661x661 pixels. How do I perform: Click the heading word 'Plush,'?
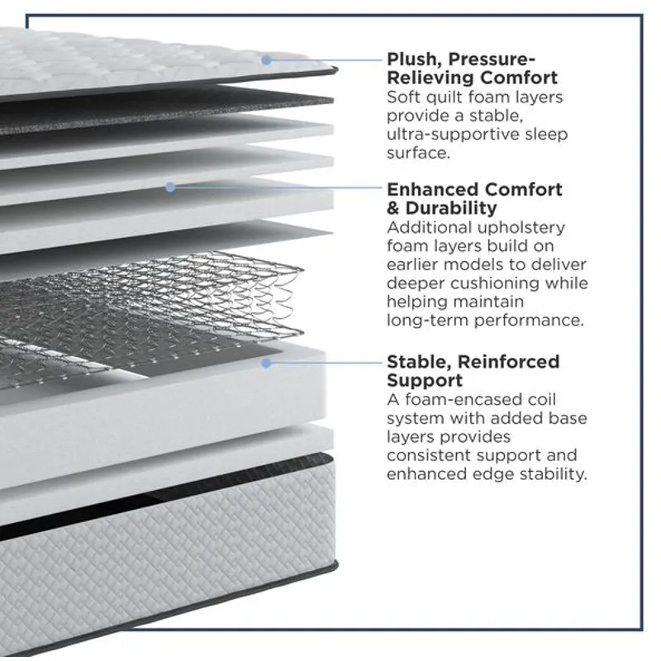[x=414, y=59]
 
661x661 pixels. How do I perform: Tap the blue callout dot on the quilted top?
[x=266, y=59]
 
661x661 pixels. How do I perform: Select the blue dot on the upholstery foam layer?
[x=170, y=188]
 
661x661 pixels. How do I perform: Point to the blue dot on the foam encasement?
[x=266, y=363]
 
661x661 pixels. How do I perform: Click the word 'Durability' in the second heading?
[x=451, y=208]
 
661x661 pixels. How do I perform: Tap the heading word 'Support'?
[x=425, y=380]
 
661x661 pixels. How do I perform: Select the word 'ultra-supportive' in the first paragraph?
[x=453, y=135]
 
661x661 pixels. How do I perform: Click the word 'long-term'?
[x=427, y=321]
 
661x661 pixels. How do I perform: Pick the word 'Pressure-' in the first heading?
[x=492, y=59]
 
